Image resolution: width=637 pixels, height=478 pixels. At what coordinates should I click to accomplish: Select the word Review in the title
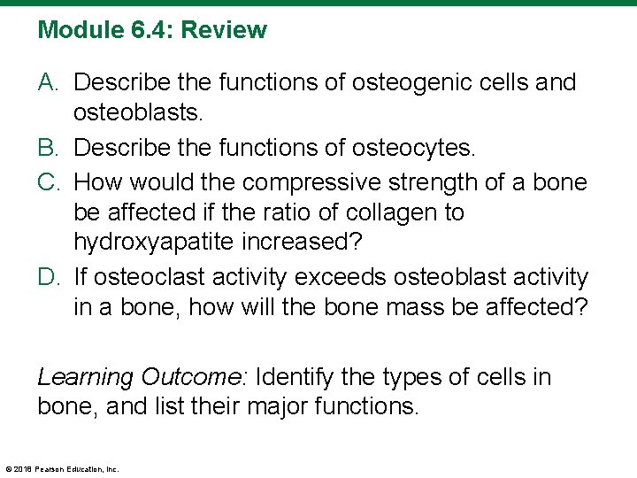(x=222, y=31)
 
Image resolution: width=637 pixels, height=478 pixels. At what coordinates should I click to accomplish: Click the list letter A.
(x=50, y=83)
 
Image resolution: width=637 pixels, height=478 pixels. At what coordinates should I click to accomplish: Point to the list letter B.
(x=50, y=148)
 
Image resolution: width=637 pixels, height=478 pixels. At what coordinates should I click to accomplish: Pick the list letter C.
(x=50, y=182)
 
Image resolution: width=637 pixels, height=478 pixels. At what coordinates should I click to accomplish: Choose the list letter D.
(x=50, y=278)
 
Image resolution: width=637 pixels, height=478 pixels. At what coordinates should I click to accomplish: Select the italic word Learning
(x=85, y=378)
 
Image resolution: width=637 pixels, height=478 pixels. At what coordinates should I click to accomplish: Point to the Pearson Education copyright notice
(x=62, y=468)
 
